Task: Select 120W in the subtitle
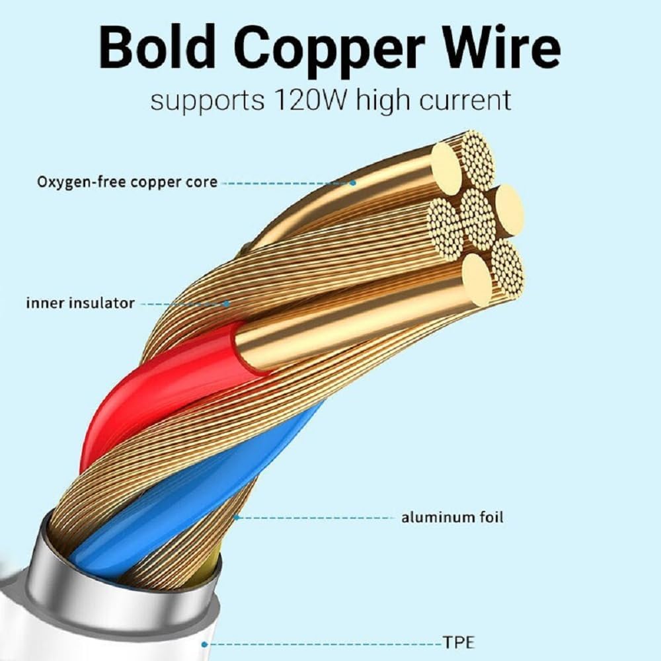point(302,100)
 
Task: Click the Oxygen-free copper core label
point(126,181)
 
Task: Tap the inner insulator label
point(80,303)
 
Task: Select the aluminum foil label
point(452,517)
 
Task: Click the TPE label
point(458,642)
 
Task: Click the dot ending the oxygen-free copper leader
point(353,182)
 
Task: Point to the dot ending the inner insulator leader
point(227,304)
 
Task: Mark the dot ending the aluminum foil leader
point(235,518)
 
